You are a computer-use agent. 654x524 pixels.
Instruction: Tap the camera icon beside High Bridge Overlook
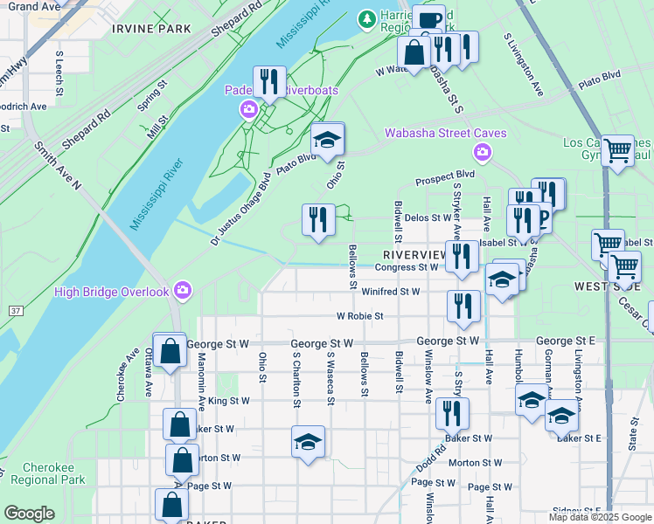pos(182,289)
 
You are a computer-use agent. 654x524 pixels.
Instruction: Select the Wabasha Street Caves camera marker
pos(482,154)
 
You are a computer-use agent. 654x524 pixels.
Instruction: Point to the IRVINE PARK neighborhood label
pos(151,29)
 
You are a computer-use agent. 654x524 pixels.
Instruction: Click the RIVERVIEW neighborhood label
pos(414,253)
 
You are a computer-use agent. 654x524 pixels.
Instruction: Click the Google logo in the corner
pos(29,514)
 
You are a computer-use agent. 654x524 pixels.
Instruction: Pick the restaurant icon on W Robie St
pos(463,305)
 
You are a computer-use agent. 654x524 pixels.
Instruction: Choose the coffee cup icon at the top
pos(428,18)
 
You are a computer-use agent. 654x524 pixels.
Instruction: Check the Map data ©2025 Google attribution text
pos(600,515)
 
